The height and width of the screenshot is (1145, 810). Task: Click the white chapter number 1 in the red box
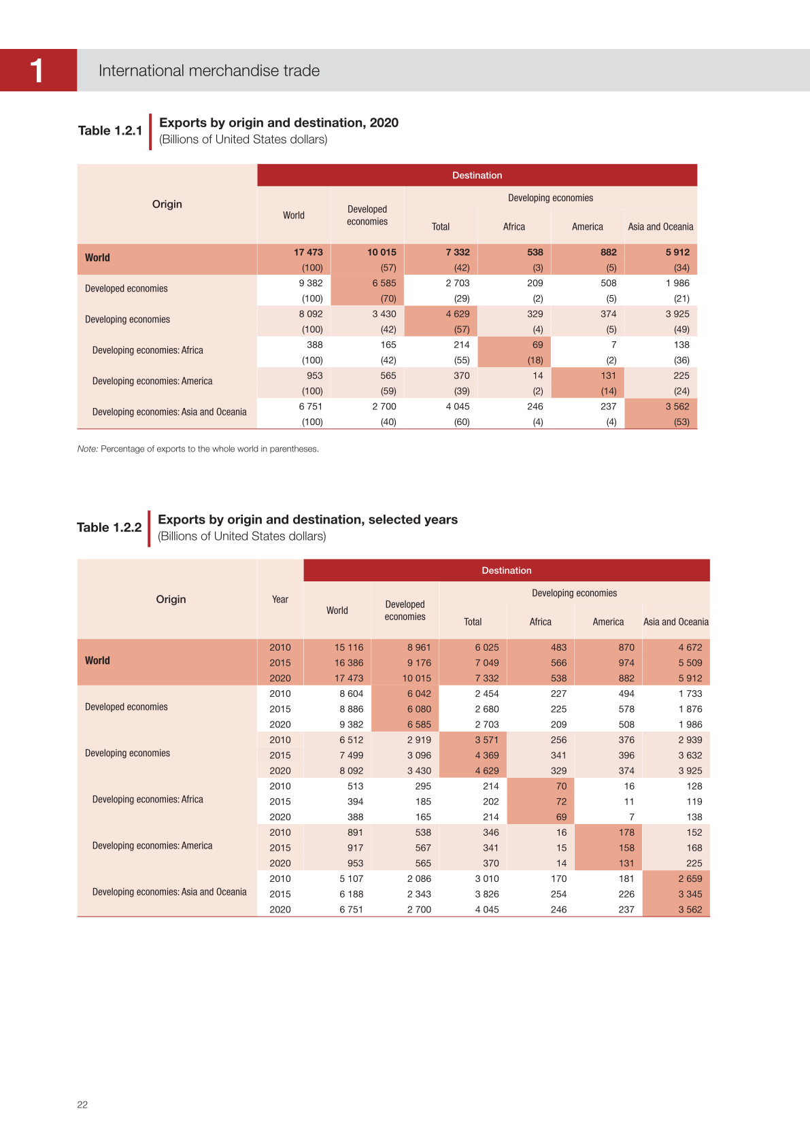coord(37,70)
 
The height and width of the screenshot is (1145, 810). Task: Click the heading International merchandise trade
coord(209,71)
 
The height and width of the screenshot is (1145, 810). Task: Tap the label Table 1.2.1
coord(110,131)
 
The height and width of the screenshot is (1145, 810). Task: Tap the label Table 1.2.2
coord(109,528)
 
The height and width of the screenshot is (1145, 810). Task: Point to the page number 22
coord(82,1105)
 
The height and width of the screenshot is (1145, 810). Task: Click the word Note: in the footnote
coord(88,449)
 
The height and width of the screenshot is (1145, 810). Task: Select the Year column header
coord(280,600)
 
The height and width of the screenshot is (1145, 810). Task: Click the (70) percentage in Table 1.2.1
coord(388,298)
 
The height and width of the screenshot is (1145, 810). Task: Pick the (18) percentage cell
coord(535,360)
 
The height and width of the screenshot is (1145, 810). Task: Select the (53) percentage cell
coord(681,422)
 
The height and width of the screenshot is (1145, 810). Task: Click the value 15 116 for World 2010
coord(349,647)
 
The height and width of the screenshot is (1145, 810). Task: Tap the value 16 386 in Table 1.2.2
coord(349,663)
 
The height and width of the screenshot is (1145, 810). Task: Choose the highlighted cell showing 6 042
coord(419,694)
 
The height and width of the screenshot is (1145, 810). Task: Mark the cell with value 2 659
coord(690,878)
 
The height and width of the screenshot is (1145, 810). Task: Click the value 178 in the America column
coord(626,832)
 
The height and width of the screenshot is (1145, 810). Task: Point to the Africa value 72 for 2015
coord(561,802)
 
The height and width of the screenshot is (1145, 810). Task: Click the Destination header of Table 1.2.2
coord(507,570)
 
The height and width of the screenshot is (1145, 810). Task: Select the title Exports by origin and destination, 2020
coord(279,123)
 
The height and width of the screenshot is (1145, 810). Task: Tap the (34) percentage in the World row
coord(681,268)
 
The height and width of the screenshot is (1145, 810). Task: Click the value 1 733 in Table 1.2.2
coord(690,694)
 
